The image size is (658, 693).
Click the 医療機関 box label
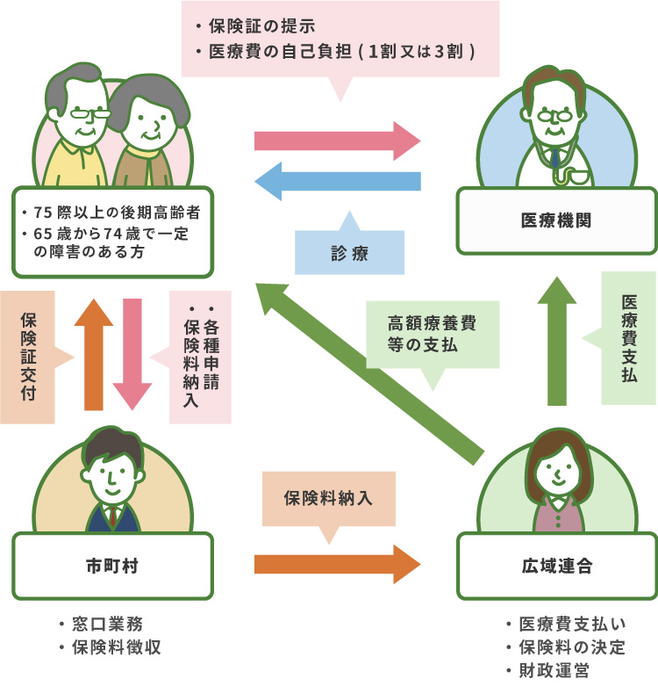click(556, 220)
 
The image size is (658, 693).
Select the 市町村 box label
click(112, 566)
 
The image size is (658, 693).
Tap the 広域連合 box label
click(557, 566)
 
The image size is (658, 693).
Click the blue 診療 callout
click(349, 252)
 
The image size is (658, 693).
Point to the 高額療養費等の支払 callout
click(433, 335)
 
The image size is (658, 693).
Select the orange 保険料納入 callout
click(328, 499)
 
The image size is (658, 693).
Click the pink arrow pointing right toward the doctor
click(338, 141)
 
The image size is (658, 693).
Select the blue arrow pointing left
click(338, 181)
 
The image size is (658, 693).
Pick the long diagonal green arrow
click(370, 373)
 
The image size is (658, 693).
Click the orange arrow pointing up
click(94, 355)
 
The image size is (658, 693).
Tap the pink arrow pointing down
click(132, 355)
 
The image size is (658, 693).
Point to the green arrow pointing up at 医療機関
click(557, 341)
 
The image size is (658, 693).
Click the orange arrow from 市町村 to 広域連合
click(338, 565)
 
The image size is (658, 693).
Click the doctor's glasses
click(554, 116)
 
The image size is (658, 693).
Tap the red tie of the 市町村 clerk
click(113, 516)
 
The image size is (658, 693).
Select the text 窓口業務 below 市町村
click(107, 624)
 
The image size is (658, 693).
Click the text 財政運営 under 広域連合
click(554, 670)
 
